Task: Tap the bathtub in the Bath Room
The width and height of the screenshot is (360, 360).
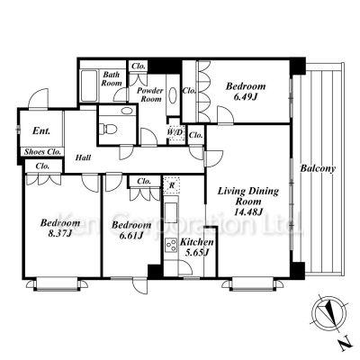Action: pos(89,85)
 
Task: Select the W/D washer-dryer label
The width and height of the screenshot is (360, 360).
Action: pos(175,131)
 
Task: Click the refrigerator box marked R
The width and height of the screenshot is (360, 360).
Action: pos(172,185)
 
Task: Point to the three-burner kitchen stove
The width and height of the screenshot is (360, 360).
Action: pos(171,244)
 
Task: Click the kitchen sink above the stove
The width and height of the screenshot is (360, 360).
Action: pos(171,212)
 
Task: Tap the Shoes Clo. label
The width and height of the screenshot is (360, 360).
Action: pos(42,151)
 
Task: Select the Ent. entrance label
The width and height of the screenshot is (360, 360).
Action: pos(41,130)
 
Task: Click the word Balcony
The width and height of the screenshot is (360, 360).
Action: pos(318,169)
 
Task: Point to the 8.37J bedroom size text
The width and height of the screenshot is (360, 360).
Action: pos(60,233)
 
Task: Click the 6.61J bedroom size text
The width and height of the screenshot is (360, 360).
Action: pos(130,236)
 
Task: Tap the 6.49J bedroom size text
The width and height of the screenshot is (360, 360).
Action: pos(246,97)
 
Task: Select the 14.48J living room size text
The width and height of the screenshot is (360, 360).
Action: pos(248,211)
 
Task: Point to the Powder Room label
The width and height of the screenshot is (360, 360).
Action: pos(150,94)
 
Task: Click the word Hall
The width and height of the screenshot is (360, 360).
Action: pos(83,157)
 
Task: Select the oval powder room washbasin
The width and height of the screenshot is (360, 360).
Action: pos(173,95)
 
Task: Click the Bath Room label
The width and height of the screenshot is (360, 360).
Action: pos(111,78)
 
